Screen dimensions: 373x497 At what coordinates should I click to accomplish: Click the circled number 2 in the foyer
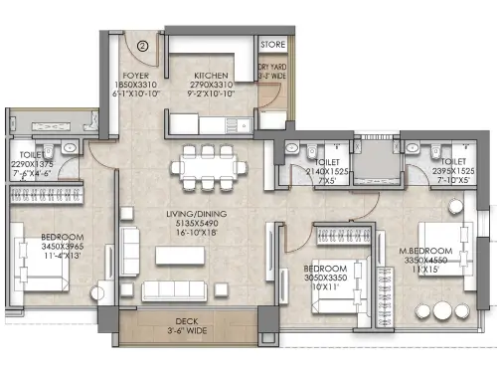pos(143,45)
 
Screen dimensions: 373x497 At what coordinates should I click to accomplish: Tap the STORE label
pos(272,45)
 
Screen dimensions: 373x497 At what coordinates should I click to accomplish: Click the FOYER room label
pos(135,75)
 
